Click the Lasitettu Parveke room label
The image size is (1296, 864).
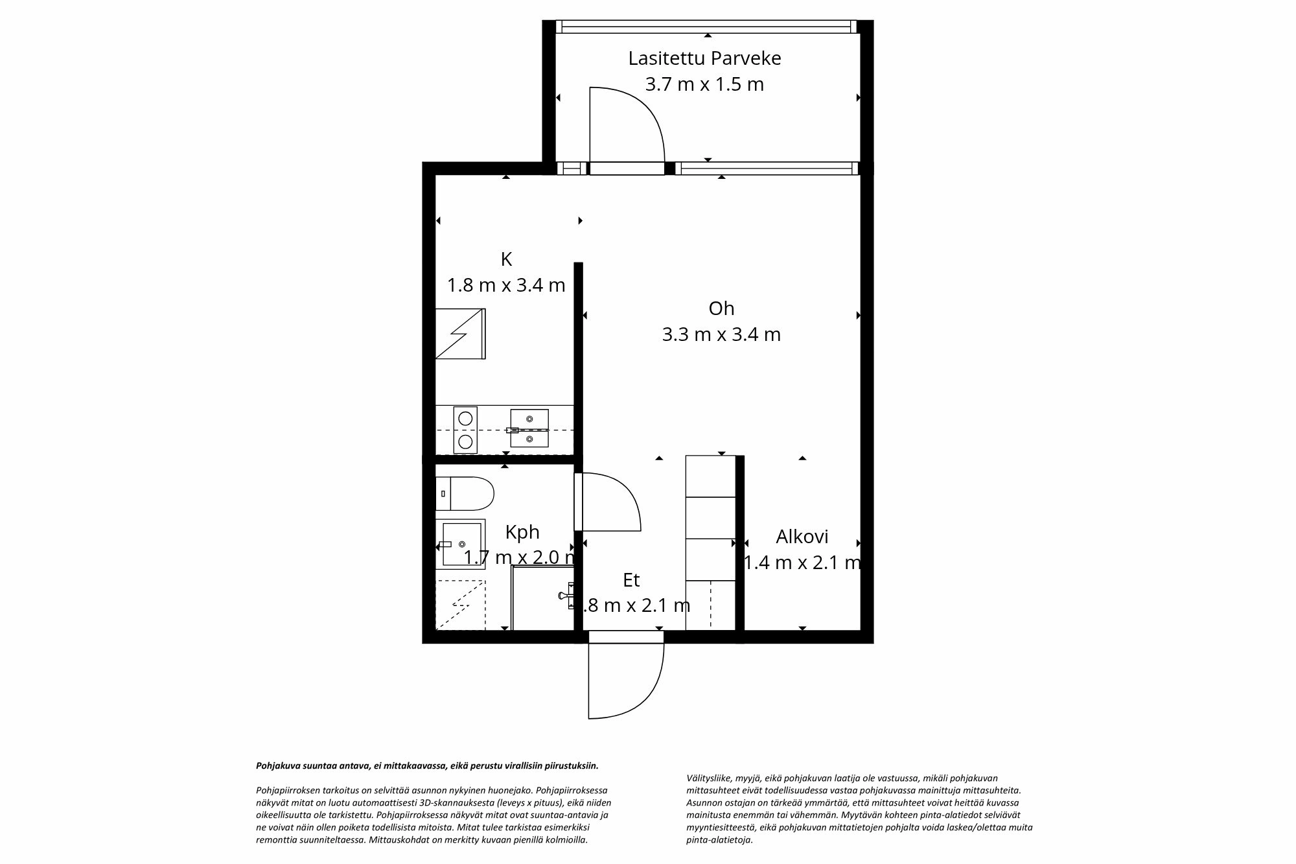pos(704,58)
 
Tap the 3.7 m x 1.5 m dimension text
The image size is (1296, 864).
pos(704,84)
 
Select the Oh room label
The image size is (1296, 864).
pos(721,309)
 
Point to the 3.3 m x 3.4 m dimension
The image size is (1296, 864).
pos(721,334)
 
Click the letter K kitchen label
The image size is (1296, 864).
pos(506,259)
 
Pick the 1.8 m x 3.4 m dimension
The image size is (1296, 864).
pos(506,285)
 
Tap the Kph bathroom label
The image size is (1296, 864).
pos(522,532)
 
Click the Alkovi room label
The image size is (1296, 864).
pos(802,537)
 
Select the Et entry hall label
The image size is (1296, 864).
pos(631,580)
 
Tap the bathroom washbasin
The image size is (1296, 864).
pos(461,543)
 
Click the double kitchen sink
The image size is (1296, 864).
pos(529,428)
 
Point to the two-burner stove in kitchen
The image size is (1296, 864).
pos(465,429)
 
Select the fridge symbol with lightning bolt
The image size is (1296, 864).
pos(460,333)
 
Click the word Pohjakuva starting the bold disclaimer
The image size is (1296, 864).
pos(276,765)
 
